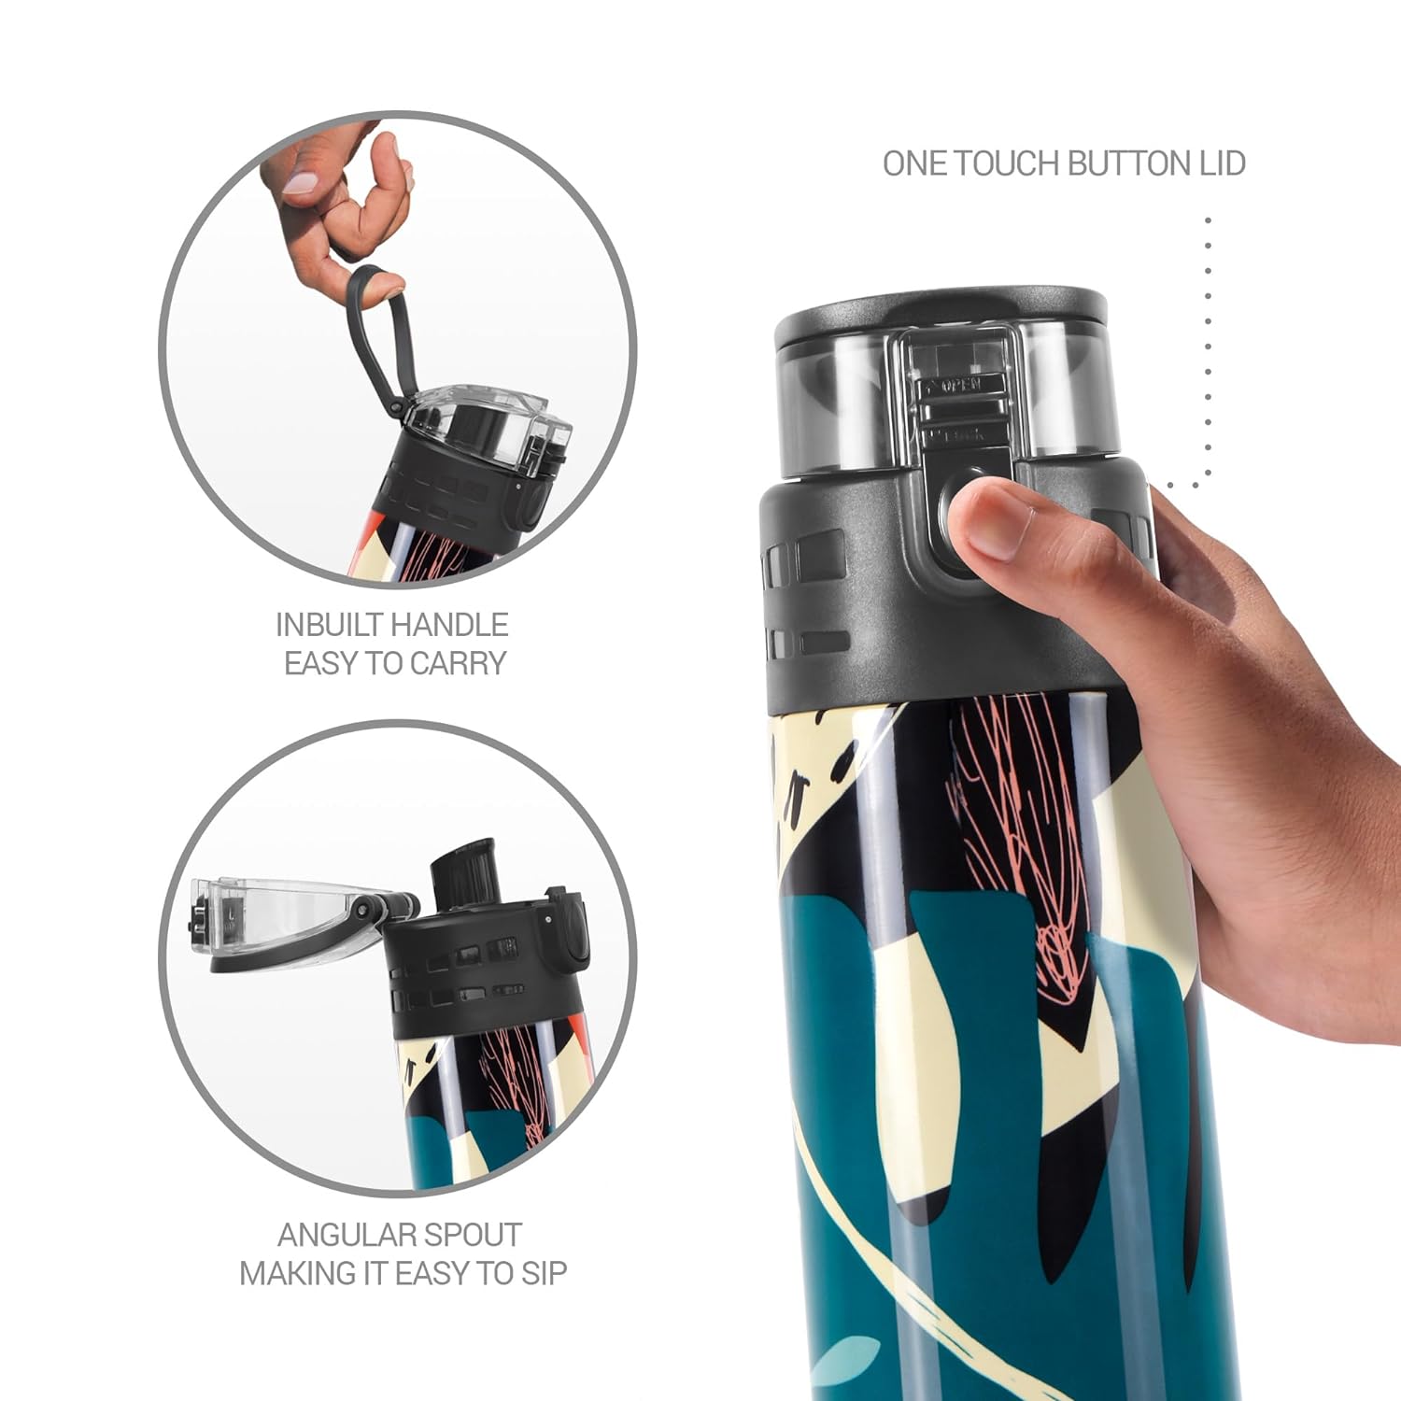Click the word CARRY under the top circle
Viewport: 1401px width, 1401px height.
click(458, 663)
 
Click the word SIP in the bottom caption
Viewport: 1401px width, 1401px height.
click(544, 1273)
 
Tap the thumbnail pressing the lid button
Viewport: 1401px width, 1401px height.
click(994, 522)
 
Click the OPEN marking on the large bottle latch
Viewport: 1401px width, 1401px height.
click(961, 384)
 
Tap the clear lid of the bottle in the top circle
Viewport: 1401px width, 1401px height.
click(490, 430)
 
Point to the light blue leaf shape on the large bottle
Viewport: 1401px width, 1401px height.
click(844, 1361)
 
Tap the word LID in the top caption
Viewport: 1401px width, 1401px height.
click(1223, 163)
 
